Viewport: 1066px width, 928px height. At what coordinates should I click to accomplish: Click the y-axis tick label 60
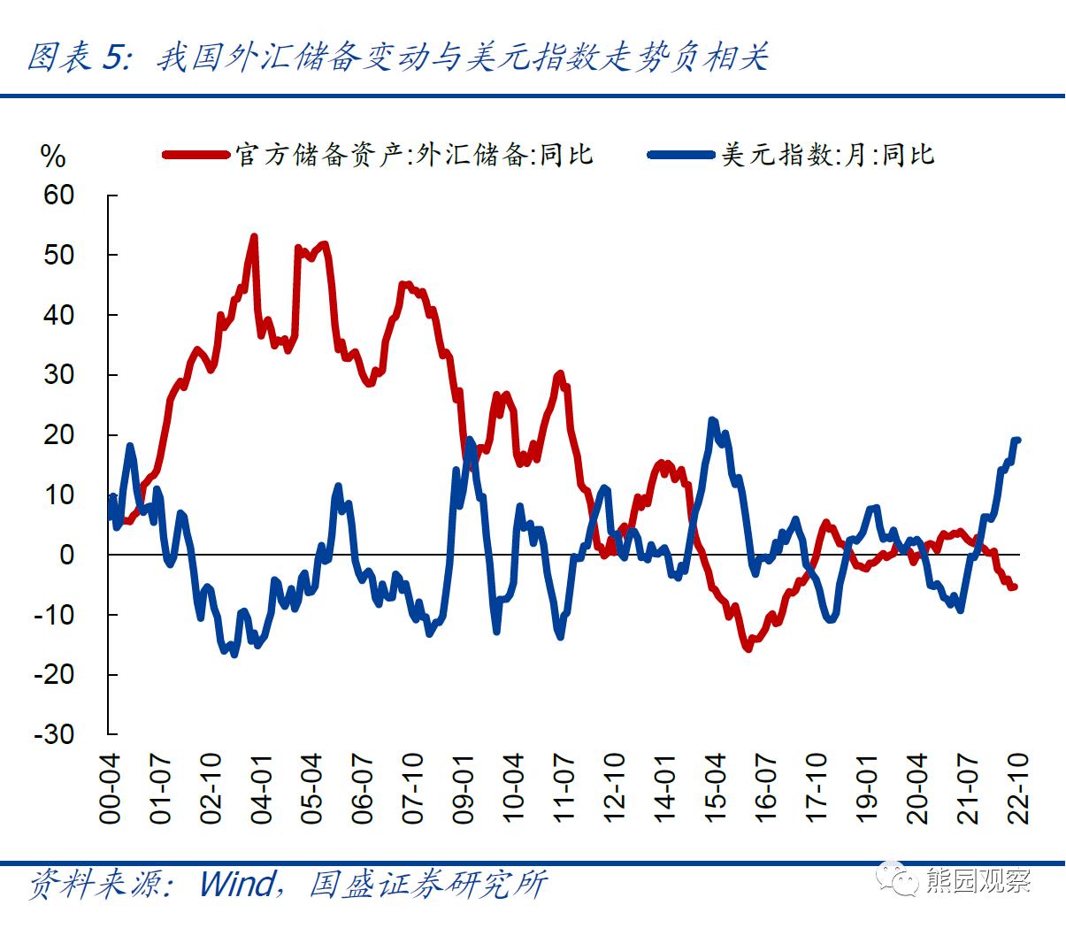coord(59,195)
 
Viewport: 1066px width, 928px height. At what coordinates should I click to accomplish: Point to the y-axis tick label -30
coord(55,733)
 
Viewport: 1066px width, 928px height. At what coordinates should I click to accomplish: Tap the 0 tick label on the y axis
coord(67,555)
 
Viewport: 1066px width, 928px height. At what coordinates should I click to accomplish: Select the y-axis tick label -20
coord(55,674)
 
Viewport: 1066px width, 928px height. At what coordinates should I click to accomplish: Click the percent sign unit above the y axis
coord(53,157)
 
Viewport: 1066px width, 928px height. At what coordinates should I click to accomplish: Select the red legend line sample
coord(196,156)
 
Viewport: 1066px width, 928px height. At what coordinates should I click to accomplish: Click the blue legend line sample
coord(681,156)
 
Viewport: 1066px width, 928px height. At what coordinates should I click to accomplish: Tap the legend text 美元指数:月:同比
coord(827,156)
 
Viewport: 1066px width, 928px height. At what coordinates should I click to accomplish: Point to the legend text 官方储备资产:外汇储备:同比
coord(414,156)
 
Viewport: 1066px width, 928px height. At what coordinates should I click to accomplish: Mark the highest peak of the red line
coord(254,237)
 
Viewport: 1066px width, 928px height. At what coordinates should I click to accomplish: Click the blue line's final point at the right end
coord(1017,440)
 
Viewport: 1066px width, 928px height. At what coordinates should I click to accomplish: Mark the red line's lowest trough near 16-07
coord(748,648)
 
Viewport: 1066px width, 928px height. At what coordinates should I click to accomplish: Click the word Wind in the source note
coord(238,883)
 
